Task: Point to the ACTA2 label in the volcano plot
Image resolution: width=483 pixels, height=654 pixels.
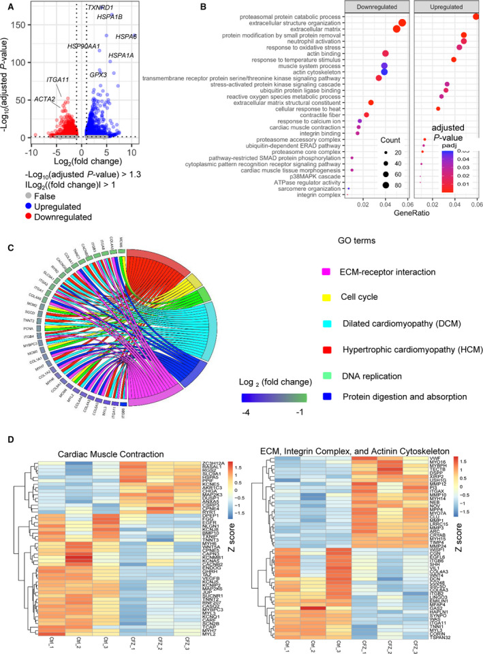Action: pos(45,99)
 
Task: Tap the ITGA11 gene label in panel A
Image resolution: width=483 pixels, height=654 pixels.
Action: pos(57,80)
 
